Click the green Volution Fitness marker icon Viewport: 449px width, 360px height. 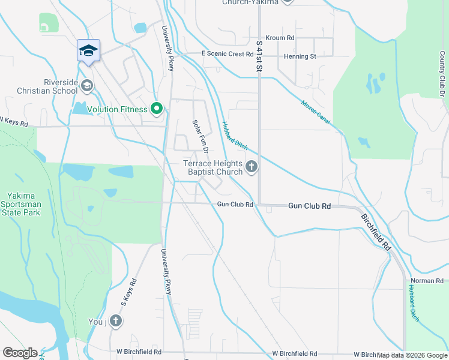pos(157,109)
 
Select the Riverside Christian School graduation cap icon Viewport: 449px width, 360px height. pos(87,86)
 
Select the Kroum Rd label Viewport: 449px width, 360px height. pos(280,38)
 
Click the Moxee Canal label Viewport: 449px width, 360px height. pos(316,112)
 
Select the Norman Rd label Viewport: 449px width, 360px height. pos(427,280)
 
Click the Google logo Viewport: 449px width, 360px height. pos(20,353)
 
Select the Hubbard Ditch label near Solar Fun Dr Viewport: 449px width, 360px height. pos(234,135)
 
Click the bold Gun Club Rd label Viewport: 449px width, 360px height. pos(309,206)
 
